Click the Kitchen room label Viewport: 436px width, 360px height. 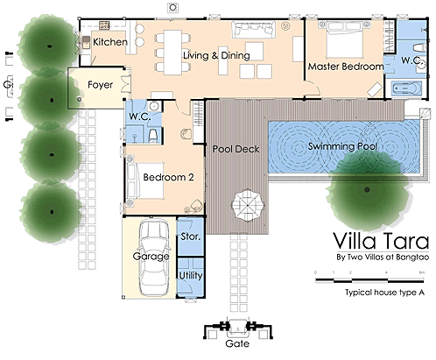(110, 42)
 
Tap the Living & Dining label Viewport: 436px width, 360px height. (216, 56)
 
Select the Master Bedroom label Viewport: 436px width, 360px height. (346, 67)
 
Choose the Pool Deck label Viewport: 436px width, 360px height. (236, 149)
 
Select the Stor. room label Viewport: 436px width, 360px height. (191, 236)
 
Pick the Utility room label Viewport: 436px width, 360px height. (191, 276)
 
